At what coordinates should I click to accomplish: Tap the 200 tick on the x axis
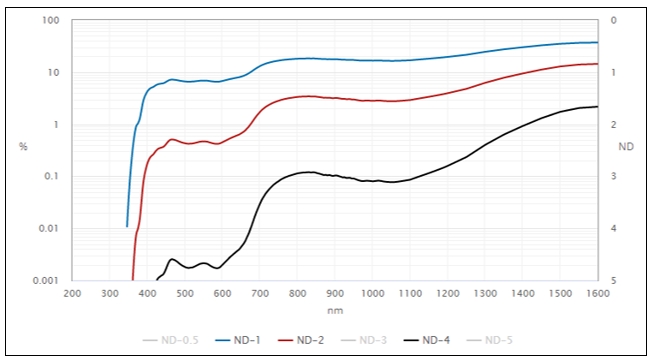pyautogui.click(x=72, y=294)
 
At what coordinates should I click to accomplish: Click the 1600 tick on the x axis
pyautogui.click(x=597, y=294)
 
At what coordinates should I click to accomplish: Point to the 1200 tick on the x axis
pyautogui.click(x=447, y=294)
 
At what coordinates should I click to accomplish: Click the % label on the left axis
pyautogui.click(x=23, y=147)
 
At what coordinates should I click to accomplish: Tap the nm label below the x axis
pyautogui.click(x=335, y=310)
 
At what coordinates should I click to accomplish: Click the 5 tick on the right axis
pyautogui.click(x=612, y=281)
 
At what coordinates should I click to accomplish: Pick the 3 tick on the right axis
pyautogui.click(x=612, y=177)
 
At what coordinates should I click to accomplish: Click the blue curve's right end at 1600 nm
pyautogui.click(x=597, y=42)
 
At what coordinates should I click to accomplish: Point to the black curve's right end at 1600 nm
pyautogui.click(x=597, y=106)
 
